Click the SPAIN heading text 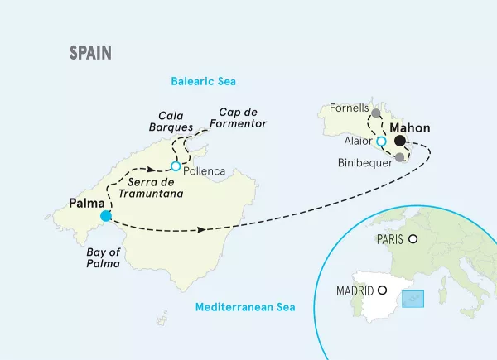(91, 53)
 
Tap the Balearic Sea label (203, 81)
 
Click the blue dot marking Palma (105, 217)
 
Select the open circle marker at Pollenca (176, 166)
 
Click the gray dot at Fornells (376, 113)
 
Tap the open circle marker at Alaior (381, 142)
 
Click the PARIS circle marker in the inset (413, 239)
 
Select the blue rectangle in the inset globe (413, 298)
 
